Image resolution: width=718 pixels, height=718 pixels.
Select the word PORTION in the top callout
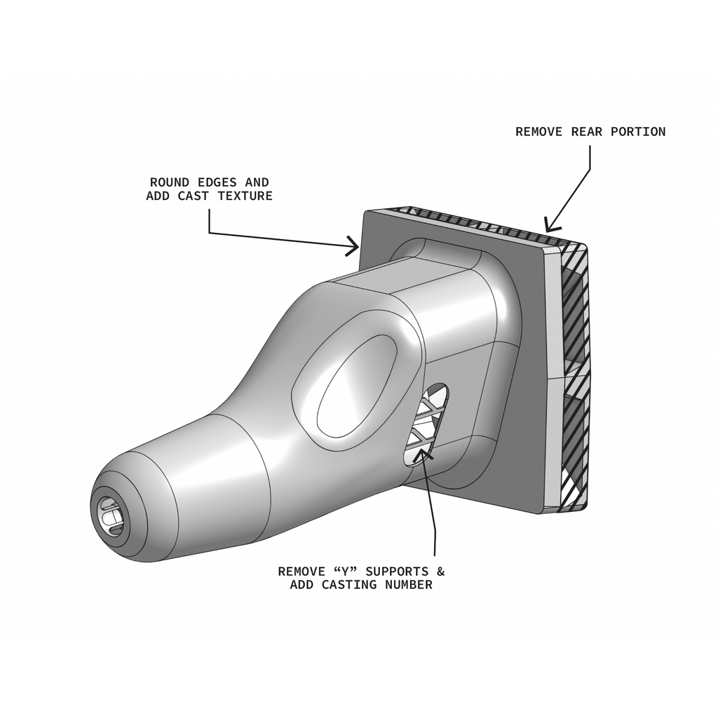coord(638,132)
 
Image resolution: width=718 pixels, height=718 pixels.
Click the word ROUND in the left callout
coord(170,182)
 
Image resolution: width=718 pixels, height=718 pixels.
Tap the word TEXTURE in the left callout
coord(245,196)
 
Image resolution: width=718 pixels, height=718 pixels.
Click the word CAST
coord(194,196)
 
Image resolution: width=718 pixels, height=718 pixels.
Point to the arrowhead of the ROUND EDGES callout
coord(353,246)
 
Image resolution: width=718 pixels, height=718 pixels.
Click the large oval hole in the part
coord(356,386)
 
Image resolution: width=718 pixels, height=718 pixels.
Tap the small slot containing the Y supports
coord(426,424)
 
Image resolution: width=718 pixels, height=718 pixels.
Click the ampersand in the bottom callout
coord(440,571)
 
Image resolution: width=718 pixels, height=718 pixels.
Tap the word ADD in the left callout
coord(158,196)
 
